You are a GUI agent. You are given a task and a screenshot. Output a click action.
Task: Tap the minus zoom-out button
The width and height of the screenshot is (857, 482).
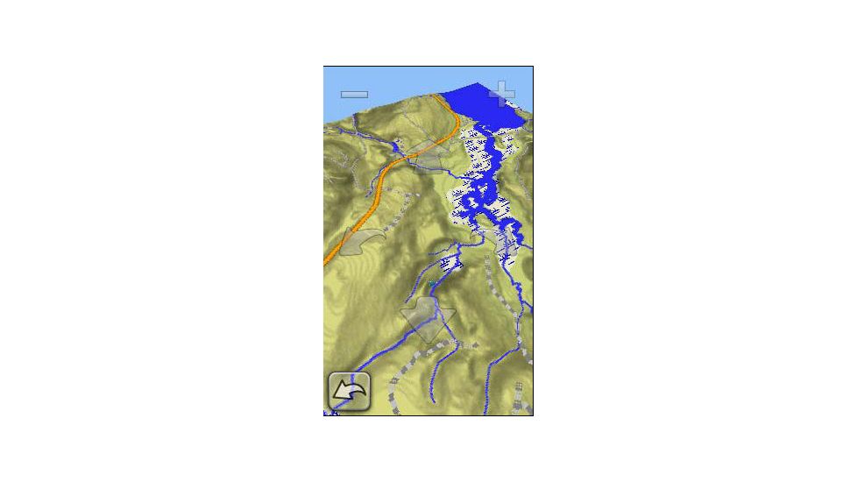coord(354,94)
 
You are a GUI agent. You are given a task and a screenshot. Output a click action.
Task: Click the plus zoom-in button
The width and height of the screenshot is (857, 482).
coord(502,93)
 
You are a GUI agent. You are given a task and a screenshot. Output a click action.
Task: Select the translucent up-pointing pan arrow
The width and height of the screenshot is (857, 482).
coord(427,155)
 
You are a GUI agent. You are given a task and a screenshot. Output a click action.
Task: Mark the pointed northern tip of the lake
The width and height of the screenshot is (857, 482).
coord(477,84)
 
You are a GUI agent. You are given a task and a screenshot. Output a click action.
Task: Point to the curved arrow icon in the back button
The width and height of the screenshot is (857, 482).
coord(349,392)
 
